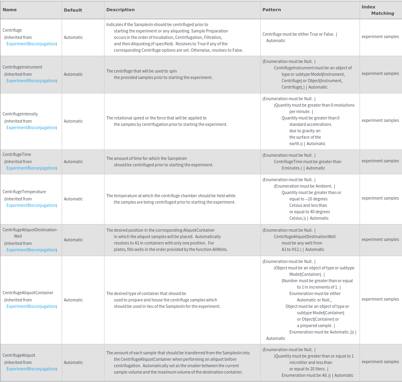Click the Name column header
(10, 10)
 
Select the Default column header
(73, 10)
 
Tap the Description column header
(121, 10)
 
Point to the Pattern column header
(271, 10)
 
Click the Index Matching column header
(378, 10)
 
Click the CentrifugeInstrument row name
(22, 67)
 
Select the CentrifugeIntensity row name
(20, 114)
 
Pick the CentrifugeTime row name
(17, 154)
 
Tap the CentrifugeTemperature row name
(24, 192)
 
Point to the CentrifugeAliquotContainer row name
(28, 293)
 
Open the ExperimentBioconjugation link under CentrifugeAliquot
(31, 369)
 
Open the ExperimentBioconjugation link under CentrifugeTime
(31, 168)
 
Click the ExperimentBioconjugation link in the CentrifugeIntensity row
(31, 127)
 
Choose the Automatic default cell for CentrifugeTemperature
(73, 199)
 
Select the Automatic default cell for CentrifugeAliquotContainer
(73, 300)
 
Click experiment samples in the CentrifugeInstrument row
(380, 73)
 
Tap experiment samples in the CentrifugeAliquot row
(380, 362)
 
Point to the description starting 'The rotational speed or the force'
(157, 118)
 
